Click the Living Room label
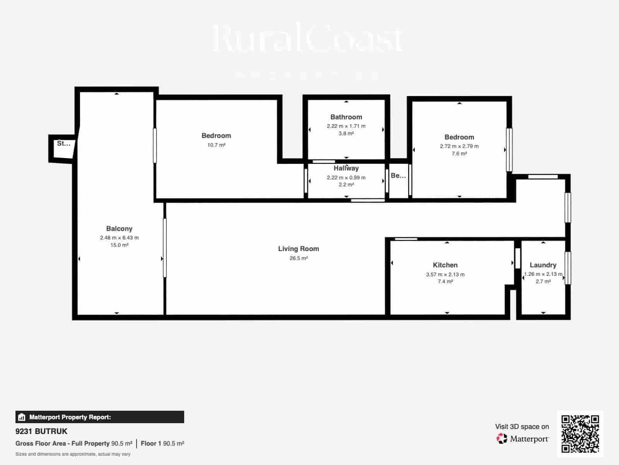pos(298,249)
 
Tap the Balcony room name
pos(119,229)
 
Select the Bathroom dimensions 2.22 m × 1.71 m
pos(346,126)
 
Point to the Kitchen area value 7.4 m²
pos(445,282)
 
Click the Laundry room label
pos(543,265)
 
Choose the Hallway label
pos(346,168)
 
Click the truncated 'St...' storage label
pos(63,143)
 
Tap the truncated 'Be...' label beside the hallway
pos(398,176)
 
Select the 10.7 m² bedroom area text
pos(216,145)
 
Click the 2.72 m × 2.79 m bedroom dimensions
pos(459,146)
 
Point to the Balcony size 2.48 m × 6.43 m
pos(119,238)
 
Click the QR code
pos(580,434)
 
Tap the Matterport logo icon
pos(502,439)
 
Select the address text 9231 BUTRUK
pos(41,431)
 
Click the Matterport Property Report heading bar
pos(99,417)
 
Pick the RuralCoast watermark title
pos(308,39)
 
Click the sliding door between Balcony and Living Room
pos(165,248)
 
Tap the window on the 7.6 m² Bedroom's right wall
pos(509,150)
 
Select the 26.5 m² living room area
pos(298,258)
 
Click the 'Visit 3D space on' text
pos(522,427)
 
